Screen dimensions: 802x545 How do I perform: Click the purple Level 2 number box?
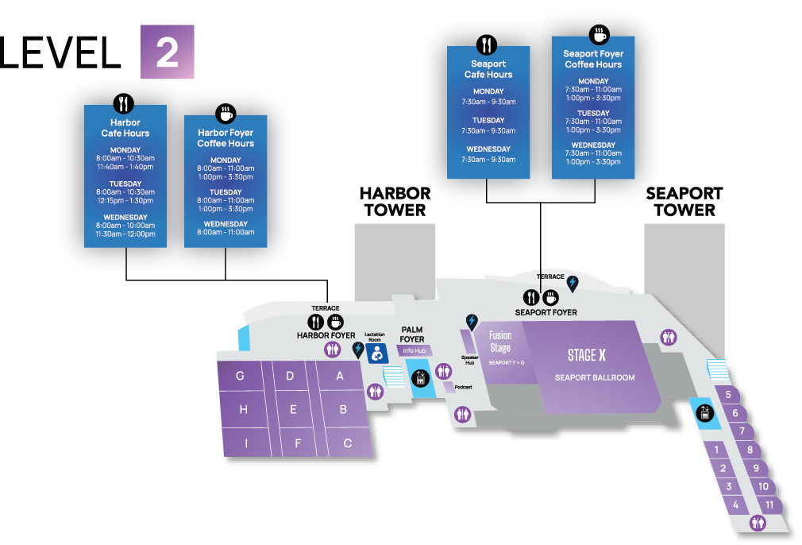pos(167,52)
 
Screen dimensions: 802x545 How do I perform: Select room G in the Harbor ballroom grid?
pos(240,376)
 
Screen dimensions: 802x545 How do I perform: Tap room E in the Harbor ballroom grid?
pos(293,410)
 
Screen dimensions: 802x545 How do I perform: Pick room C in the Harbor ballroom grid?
pos(347,443)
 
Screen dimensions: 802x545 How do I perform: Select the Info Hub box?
pos(414,350)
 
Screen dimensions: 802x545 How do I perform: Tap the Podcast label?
pos(463,387)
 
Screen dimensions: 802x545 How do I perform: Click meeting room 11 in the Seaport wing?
pos(769,504)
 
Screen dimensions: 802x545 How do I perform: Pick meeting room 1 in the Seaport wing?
pos(717,450)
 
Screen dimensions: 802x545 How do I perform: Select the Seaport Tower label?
pos(686,202)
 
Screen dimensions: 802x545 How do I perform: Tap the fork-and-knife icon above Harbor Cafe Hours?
pos(124,104)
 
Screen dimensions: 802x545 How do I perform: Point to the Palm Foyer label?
pos(412,334)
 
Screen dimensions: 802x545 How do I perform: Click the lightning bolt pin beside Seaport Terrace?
pos(572,281)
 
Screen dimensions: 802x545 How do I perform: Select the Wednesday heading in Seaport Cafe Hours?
pos(488,149)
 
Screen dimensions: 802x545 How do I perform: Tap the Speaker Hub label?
pos(468,360)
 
